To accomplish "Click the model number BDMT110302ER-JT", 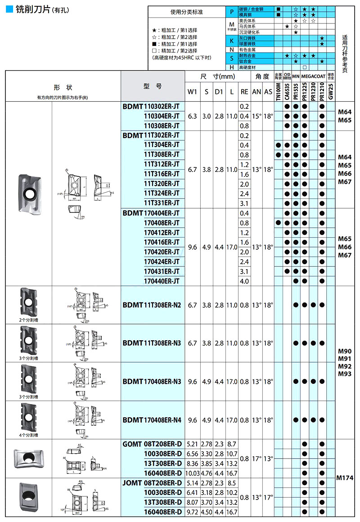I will (x=151, y=107).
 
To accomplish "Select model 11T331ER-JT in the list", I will (x=162, y=203).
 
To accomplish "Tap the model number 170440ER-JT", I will (x=162, y=281).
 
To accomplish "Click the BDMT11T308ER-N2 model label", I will (x=152, y=305).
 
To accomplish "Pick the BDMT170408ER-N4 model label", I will (x=152, y=420).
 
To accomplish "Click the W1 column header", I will (x=193, y=92).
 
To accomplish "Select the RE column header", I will (x=244, y=92).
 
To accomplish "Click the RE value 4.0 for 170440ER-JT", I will (x=244, y=281).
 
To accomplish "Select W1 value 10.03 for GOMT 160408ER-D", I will (x=193, y=473).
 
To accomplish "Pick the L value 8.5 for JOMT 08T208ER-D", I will (x=232, y=482).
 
